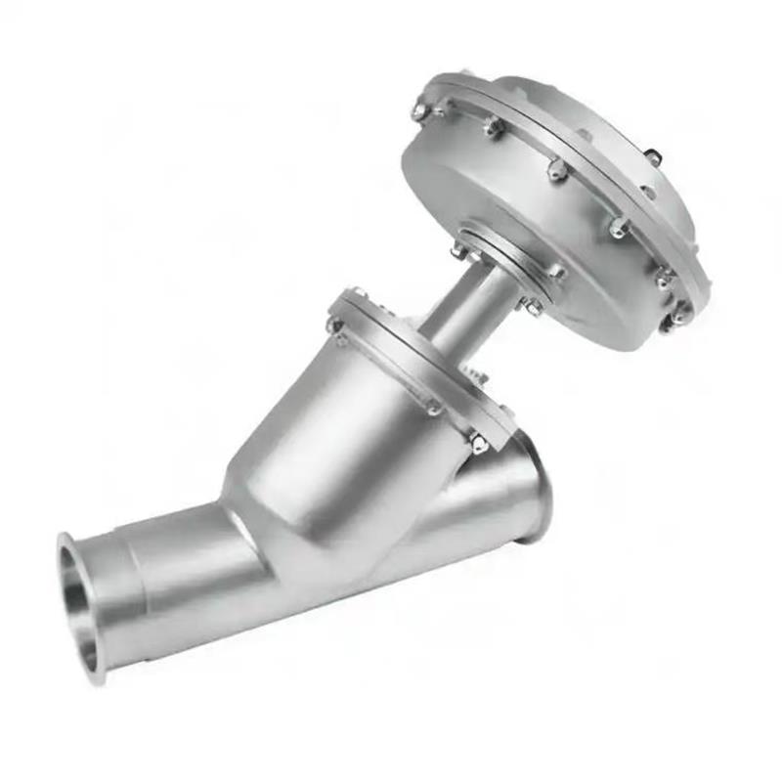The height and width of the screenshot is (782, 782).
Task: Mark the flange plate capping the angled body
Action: [x=411, y=362]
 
